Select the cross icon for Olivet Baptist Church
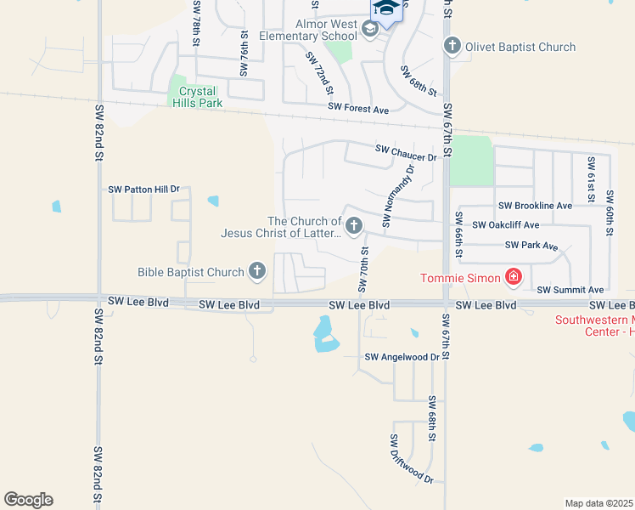[x=452, y=47]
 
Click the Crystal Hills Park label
[x=197, y=97]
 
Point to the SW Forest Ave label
[x=358, y=110]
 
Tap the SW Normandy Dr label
[x=398, y=196]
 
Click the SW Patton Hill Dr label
[x=144, y=189]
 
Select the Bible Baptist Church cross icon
[x=257, y=272]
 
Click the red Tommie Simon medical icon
[x=514, y=277]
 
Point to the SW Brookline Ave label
[x=535, y=206]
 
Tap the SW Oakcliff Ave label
[x=505, y=225]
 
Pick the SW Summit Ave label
[x=570, y=290]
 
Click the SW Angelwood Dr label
[x=402, y=358]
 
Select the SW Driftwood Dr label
[x=411, y=460]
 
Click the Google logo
[x=28, y=500]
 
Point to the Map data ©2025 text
[x=598, y=503]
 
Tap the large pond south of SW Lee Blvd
[x=324, y=334]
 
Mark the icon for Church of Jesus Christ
[x=354, y=226]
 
